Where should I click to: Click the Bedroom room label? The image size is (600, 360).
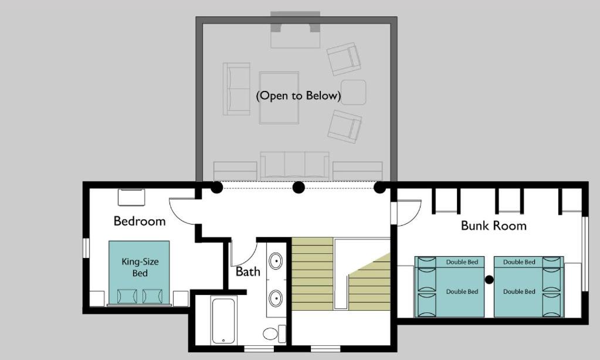click(x=140, y=221)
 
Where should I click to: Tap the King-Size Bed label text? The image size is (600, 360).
click(x=140, y=267)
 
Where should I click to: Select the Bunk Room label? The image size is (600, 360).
click(x=494, y=226)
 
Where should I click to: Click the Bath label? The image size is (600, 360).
click(x=248, y=271)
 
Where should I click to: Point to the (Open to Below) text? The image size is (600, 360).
click(x=299, y=96)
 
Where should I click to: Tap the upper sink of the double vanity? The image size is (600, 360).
click(x=276, y=261)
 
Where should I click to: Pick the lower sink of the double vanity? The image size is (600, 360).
click(x=276, y=298)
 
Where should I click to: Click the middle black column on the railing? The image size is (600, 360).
click(x=299, y=188)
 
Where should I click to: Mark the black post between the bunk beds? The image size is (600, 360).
click(x=489, y=280)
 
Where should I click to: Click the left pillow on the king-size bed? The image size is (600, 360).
click(x=127, y=296)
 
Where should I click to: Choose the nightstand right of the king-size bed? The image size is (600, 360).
click(x=181, y=298)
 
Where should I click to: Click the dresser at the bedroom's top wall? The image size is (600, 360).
click(x=131, y=198)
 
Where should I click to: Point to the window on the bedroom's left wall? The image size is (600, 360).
click(x=86, y=248)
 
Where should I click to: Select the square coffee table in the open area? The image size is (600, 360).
click(x=279, y=97)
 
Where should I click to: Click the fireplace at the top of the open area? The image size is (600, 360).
click(x=296, y=30)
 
